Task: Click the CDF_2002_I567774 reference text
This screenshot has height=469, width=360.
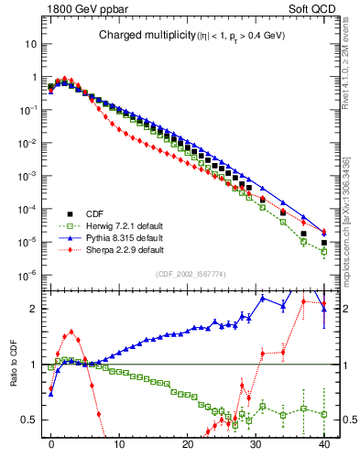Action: point(187,274)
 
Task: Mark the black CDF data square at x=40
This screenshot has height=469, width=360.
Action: point(323,244)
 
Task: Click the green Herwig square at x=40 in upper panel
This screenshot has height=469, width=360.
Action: point(323,252)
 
